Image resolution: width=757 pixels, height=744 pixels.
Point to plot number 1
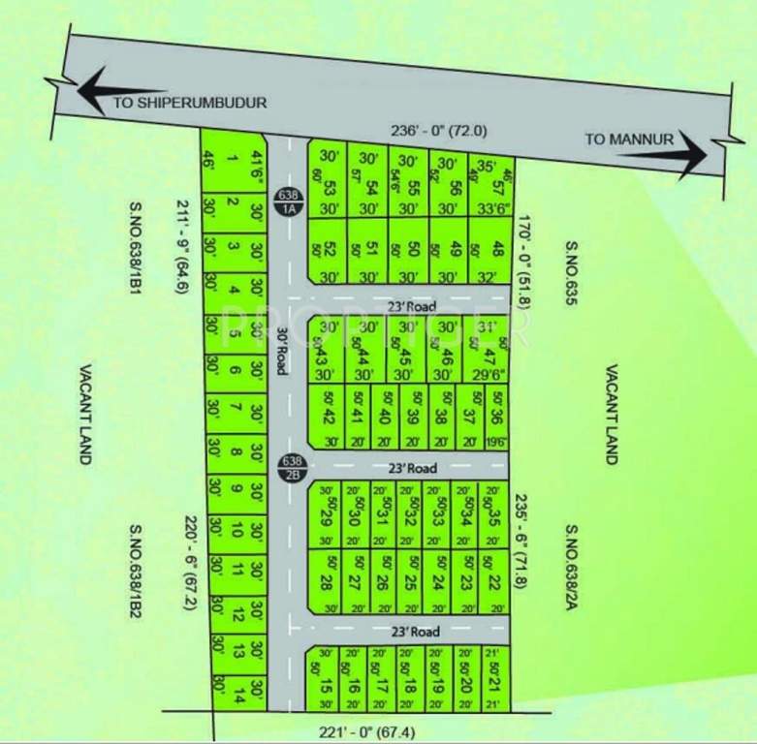(x=231, y=160)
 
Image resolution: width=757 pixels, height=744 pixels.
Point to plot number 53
(x=330, y=187)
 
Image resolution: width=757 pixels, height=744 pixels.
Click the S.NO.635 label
(x=571, y=275)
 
